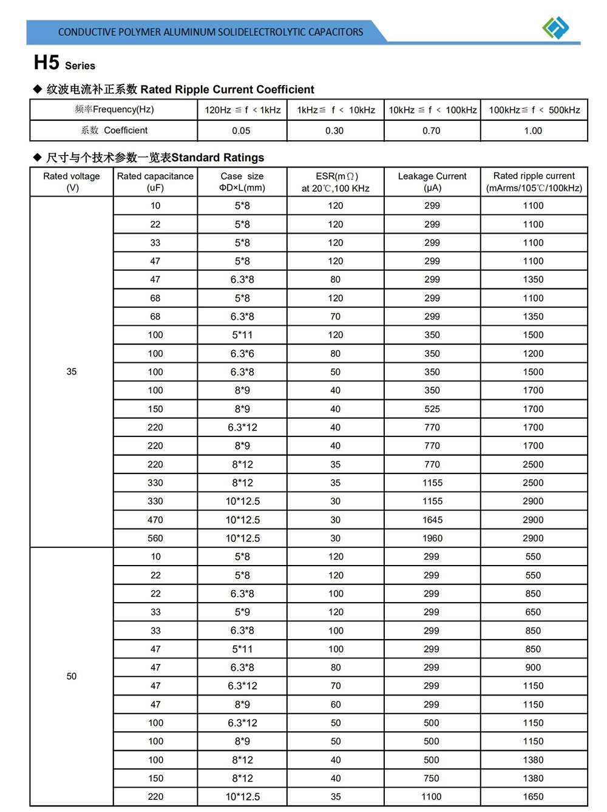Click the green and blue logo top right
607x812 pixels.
(555, 27)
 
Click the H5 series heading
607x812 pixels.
(64, 63)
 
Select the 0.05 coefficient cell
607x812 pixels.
(241, 130)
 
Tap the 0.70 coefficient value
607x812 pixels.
(432, 130)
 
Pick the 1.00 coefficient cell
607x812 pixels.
(533, 130)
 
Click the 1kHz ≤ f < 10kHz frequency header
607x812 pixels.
(336, 110)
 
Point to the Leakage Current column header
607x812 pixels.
(432, 181)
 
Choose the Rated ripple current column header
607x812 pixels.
(534, 181)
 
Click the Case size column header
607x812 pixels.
(242, 181)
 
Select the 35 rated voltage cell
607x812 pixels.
(72, 371)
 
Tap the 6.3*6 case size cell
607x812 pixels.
(242, 353)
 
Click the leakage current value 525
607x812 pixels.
(432, 409)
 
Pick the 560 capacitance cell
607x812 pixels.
(155, 538)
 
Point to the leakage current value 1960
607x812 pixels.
(432, 538)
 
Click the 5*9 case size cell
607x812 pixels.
(242, 612)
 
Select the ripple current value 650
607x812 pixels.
(533, 612)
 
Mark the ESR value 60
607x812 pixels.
(336, 705)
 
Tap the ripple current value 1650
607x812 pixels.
(533, 797)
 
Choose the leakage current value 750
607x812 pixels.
(432, 778)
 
